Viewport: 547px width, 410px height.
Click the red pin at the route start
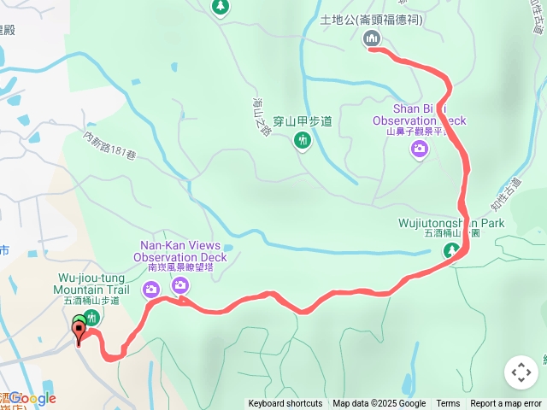[79, 332]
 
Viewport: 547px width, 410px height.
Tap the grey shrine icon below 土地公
[372, 38]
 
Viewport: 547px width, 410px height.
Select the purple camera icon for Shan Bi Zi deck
[419, 149]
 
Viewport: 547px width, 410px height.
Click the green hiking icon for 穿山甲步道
[302, 141]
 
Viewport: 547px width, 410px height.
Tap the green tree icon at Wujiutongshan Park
[451, 251]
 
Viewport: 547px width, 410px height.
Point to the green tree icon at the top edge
[221, 7]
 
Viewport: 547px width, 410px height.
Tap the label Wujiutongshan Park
[464, 223]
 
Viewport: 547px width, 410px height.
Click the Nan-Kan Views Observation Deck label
[179, 251]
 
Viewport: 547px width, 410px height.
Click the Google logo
[32, 398]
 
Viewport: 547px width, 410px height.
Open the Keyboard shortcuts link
[285, 404]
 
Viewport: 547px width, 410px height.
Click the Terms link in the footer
[448, 404]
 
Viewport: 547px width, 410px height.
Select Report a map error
[506, 404]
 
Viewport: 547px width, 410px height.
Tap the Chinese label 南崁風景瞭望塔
[179, 267]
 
